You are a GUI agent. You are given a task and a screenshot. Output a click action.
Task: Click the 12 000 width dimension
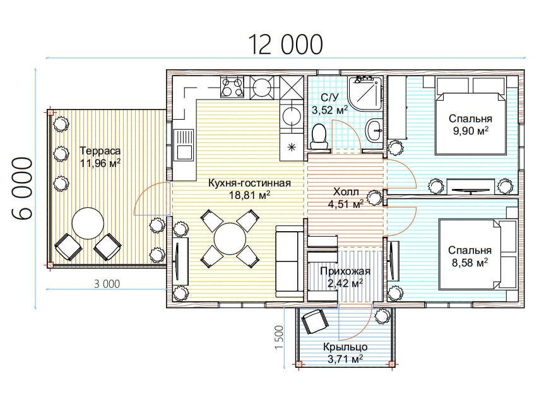pos(285,44)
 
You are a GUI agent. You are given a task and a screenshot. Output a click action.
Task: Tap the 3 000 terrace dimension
pos(107,284)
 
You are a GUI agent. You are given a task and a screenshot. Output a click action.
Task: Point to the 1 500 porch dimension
pos(279,338)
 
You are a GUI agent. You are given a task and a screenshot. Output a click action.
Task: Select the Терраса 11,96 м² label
pos(100,157)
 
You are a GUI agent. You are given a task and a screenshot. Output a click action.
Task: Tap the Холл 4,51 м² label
pos(346,198)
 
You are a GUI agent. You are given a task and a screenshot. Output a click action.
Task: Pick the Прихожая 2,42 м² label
pos(345,277)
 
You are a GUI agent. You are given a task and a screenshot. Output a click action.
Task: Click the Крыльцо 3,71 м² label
pos(345,353)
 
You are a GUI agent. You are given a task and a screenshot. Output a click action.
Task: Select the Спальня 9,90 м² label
pos(470,124)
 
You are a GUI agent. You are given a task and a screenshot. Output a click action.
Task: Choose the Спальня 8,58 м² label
pos(470,256)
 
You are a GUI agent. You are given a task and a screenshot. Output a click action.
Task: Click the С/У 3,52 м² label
pos(329,104)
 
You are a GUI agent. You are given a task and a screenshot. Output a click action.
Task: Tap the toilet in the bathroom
pos(319,137)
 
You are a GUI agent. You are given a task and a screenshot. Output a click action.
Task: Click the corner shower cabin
pos(365,93)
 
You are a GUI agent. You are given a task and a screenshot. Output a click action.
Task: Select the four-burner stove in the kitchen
pos(232,87)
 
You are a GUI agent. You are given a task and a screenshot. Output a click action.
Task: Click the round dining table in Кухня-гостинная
pos(230,239)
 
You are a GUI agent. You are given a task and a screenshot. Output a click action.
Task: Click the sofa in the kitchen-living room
pos(289,261)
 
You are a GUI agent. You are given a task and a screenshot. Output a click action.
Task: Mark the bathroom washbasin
pos(374,130)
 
